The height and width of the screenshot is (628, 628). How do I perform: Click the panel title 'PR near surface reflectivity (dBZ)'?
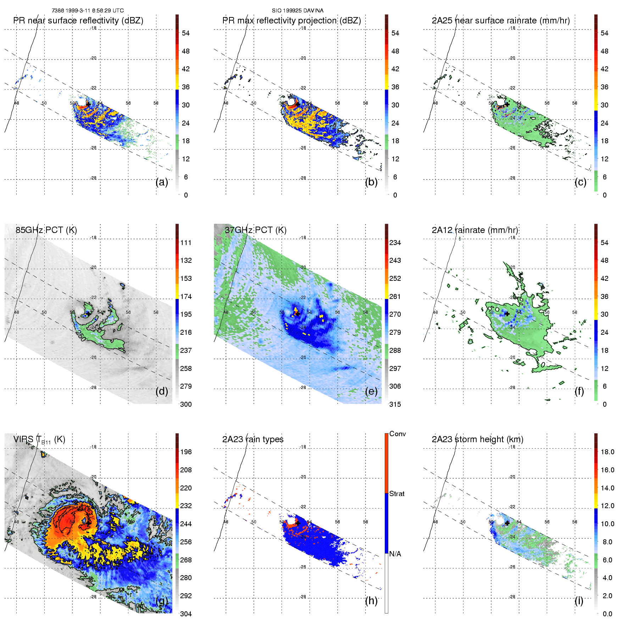(x=78, y=21)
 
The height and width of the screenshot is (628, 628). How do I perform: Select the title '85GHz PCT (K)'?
(x=46, y=230)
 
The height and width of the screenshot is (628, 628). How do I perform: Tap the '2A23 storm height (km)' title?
(x=477, y=439)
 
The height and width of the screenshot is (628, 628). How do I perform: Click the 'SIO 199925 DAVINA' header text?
(x=298, y=11)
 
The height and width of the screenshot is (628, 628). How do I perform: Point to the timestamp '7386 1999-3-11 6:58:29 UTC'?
(x=88, y=11)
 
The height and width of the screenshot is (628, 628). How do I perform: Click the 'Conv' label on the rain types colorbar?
(x=398, y=434)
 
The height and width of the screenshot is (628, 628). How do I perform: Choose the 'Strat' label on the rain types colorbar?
(x=397, y=494)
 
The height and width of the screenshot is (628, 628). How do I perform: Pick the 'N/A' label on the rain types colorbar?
(x=395, y=554)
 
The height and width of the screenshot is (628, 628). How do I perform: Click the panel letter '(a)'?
(x=162, y=182)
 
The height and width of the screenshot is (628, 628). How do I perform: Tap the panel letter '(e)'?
(x=371, y=391)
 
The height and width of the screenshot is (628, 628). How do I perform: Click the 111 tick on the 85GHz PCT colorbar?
(x=186, y=243)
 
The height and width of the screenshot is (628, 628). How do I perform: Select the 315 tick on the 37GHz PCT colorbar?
(x=395, y=405)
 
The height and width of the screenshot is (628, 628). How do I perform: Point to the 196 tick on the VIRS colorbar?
(x=186, y=452)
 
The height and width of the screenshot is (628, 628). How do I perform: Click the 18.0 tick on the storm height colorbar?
(x=607, y=452)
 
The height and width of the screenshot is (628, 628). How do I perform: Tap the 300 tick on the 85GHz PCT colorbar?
(x=186, y=405)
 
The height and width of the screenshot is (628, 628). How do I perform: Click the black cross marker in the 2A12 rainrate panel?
(x=507, y=314)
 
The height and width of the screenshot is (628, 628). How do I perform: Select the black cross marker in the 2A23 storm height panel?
(x=507, y=523)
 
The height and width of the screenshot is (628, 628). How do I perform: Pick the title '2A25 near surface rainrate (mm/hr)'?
(x=501, y=21)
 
